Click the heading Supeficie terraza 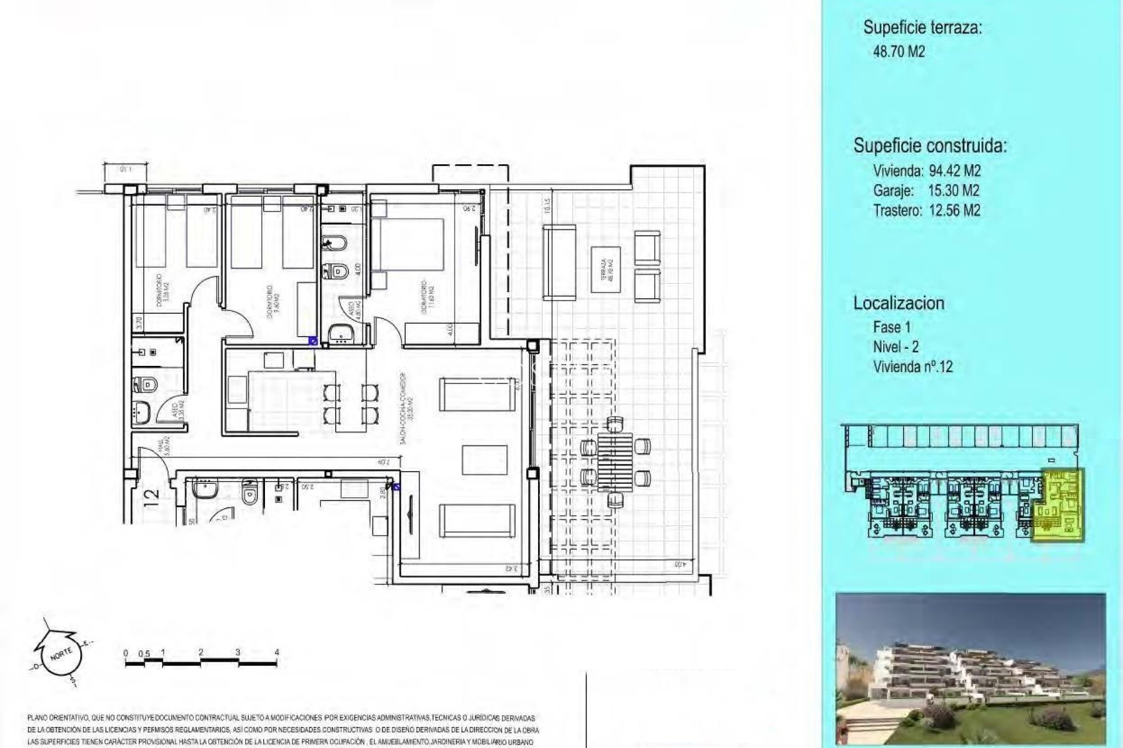tap(922, 27)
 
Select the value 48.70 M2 tap(898, 51)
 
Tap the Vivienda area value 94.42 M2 tap(955, 171)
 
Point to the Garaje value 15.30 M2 tap(953, 191)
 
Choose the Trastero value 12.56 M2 tap(954, 210)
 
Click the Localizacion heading tap(898, 303)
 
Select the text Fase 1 tap(891, 327)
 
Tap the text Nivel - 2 tap(895, 347)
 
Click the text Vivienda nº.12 tap(912, 367)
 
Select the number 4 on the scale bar tap(277, 652)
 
